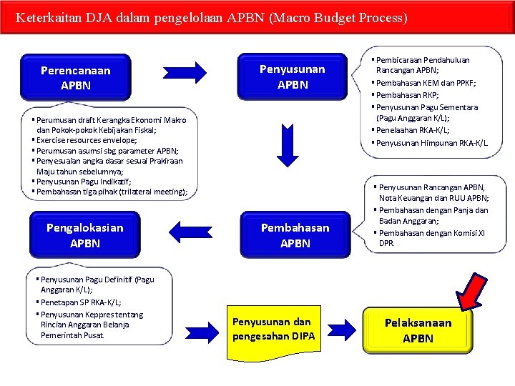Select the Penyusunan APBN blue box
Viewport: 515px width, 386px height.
[x=292, y=76]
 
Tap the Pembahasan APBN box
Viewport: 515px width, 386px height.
[x=295, y=235]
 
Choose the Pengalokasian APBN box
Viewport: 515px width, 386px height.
[x=84, y=235]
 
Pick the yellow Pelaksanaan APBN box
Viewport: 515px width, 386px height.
[x=418, y=330]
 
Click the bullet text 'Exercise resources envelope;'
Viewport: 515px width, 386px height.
[x=97, y=141]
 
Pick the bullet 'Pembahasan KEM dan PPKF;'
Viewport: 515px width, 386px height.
[x=427, y=83]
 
